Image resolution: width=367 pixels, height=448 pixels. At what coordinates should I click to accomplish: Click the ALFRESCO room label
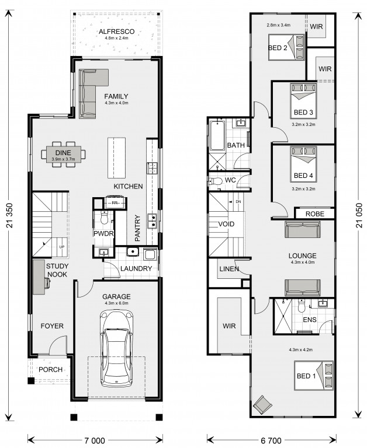pos(116,32)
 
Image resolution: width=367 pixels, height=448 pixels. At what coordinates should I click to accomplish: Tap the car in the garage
pos(116,348)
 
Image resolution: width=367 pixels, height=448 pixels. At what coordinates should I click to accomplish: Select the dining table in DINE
pos(63,154)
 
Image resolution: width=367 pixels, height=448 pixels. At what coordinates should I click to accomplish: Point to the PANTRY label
pos(138,228)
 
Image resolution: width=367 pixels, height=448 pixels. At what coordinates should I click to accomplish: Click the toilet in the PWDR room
pos(104,218)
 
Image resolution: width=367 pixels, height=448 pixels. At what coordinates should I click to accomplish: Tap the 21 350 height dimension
pos(9,215)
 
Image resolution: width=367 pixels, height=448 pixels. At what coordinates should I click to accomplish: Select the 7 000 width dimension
pos(95,441)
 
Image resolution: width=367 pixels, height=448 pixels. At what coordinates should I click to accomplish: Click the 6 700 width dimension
pos(271,441)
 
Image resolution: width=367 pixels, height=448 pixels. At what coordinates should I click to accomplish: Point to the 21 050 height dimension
pos(359,215)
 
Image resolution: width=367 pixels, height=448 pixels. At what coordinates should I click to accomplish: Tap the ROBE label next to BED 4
pos(314,213)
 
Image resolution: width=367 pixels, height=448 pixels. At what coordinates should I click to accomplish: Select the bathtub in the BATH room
pos(217,135)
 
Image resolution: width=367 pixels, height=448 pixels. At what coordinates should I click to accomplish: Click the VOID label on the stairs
pos(226,224)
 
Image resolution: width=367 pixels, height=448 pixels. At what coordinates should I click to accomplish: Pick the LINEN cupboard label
pos(229,269)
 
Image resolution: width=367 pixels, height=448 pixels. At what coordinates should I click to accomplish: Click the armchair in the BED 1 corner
pos(262,405)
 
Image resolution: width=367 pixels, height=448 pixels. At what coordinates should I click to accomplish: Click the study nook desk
pos(39,277)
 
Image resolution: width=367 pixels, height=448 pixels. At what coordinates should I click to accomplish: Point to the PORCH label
pos(50,369)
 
